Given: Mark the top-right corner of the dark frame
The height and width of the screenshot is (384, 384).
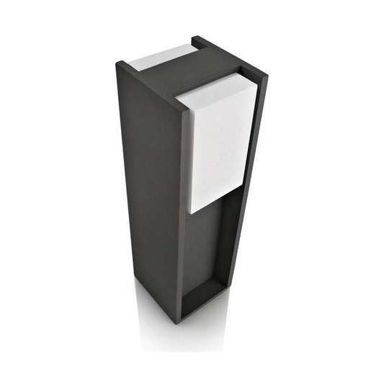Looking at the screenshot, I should [266, 76].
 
